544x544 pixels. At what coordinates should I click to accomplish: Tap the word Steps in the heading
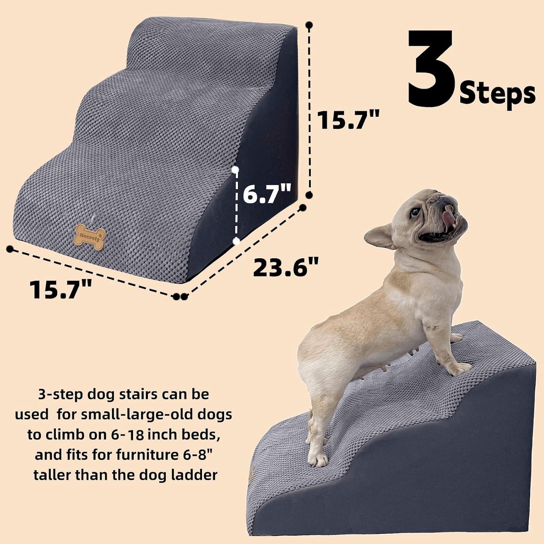(497, 94)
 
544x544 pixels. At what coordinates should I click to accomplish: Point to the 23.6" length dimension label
(285, 267)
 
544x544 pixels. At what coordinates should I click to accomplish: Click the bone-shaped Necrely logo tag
(90, 238)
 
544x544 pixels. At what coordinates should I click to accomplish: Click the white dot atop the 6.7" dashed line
(236, 169)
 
